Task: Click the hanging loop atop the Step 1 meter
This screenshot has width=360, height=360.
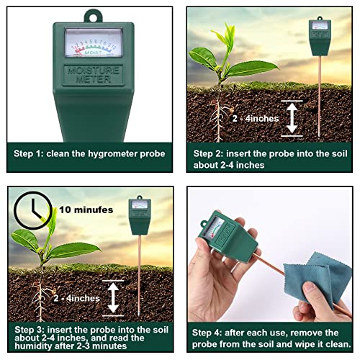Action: (x=91, y=14)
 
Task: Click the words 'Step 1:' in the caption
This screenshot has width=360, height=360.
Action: (x=32, y=153)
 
